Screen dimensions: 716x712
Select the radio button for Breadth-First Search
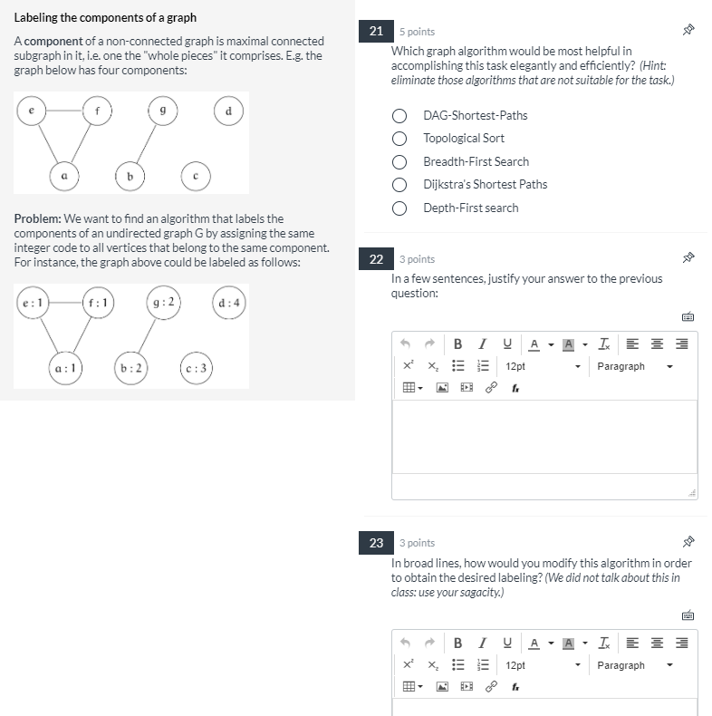pos(399,161)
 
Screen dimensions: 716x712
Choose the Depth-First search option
pos(399,208)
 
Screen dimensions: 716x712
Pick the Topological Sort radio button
pos(399,139)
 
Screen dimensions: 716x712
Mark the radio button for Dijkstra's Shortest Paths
pos(399,185)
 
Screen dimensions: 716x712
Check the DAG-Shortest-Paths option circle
pos(399,116)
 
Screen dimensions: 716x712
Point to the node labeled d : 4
pos(229,302)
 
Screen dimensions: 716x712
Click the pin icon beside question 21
pos(688,31)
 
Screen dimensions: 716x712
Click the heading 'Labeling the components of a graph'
pos(105,18)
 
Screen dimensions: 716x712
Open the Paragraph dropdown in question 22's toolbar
pos(634,366)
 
